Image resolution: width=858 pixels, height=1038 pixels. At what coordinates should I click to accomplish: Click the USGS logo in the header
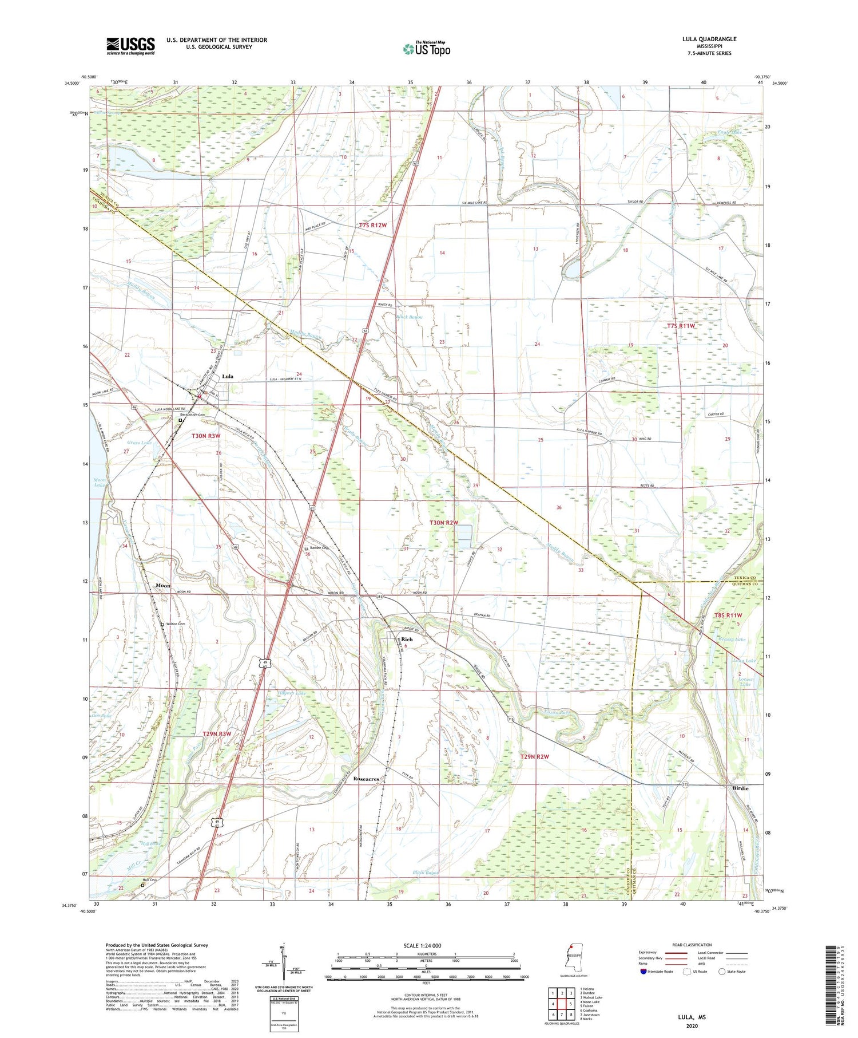coord(130,46)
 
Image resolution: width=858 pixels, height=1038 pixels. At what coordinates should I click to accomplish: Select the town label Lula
coord(227,376)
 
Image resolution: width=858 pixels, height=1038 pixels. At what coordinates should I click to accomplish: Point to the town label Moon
coord(163,586)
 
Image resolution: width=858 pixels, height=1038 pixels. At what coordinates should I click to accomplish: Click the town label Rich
coord(407,639)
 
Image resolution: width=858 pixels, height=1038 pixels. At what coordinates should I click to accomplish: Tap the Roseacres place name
coord(366,779)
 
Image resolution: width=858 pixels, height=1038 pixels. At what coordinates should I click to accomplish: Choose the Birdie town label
coord(741,788)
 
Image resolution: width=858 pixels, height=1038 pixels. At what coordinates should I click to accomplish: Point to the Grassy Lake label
coord(733,639)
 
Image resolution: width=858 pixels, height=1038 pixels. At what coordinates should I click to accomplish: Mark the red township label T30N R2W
coord(444,523)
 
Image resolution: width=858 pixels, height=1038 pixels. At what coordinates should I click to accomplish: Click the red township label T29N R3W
coord(217,733)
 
